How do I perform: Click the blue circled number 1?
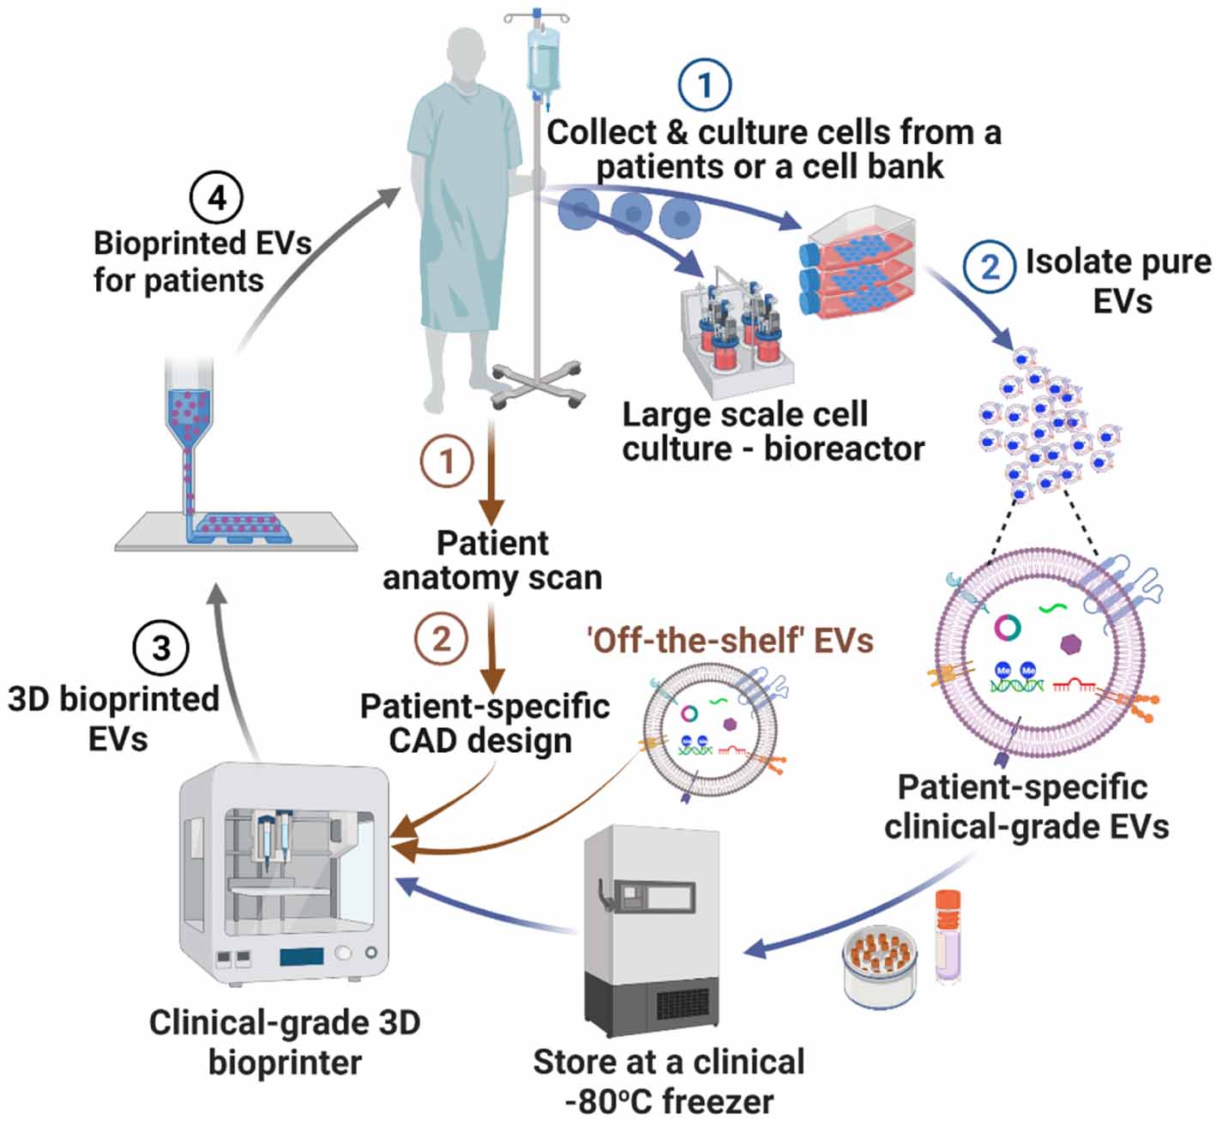[x=704, y=84]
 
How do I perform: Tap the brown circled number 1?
[x=447, y=461]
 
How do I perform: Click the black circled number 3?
[x=160, y=647]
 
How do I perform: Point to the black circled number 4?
[x=216, y=198]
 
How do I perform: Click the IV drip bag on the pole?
[x=543, y=60]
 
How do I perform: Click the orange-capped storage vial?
[x=947, y=935]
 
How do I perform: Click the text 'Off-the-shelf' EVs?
[x=730, y=640]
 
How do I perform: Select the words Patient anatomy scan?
[x=492, y=560]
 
